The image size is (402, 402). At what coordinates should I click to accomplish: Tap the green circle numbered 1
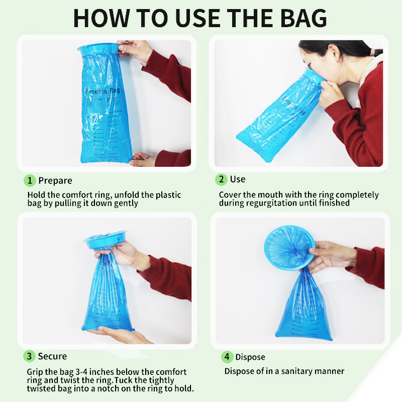click(30, 180)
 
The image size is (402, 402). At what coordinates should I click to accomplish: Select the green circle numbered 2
click(221, 179)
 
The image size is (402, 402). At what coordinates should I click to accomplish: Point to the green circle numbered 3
click(30, 356)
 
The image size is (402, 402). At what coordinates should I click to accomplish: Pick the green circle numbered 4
click(228, 357)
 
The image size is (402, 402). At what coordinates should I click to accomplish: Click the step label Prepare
click(55, 180)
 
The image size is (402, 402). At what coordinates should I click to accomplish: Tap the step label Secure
click(52, 356)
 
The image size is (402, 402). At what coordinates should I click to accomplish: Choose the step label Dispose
click(250, 357)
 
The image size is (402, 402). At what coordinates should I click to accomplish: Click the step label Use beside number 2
click(238, 179)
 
